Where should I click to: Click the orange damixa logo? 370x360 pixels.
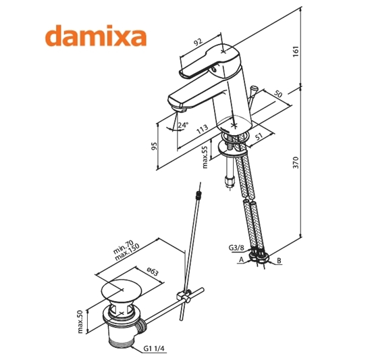point(96,36)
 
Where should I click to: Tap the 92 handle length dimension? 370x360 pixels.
point(198,42)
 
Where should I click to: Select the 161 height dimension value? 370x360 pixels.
point(296,51)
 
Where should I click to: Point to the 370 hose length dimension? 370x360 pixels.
point(296,162)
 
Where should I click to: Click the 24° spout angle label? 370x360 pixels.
point(183,125)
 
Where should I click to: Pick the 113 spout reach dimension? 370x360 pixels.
point(203,129)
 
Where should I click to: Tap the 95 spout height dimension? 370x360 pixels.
point(154,147)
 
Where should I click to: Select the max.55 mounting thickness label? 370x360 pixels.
point(205,157)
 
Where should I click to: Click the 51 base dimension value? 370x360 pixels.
point(259,136)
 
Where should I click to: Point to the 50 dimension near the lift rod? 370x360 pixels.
point(278,94)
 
